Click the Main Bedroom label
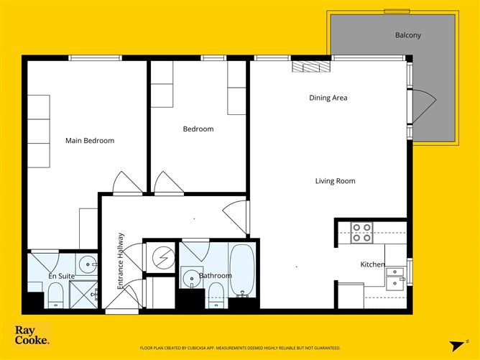click(90, 141)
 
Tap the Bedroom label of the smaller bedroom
click(198, 129)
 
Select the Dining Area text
click(328, 98)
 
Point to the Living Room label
click(335, 181)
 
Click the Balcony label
click(408, 35)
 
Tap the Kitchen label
click(372, 265)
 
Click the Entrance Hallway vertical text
click(121, 260)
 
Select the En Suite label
click(63, 276)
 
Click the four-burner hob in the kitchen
click(361, 232)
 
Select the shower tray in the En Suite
click(83, 295)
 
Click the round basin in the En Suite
click(87, 263)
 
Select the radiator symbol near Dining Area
click(311, 67)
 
